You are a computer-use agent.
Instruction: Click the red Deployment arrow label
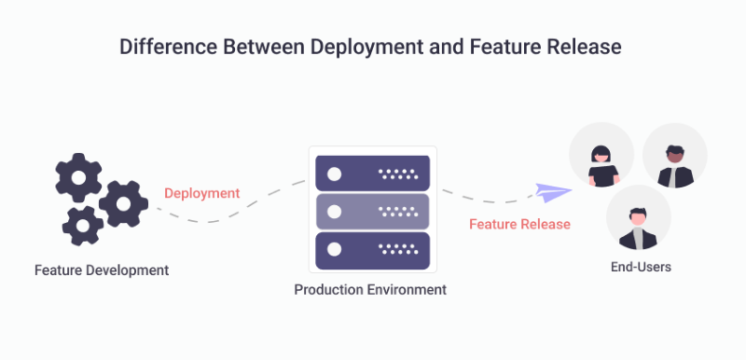point(202,194)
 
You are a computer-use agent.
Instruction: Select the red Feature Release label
point(519,225)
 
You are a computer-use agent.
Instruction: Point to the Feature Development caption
point(102,270)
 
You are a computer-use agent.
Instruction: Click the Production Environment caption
point(370,290)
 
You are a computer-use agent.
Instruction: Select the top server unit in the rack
point(373,173)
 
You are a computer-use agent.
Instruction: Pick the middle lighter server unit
point(373,212)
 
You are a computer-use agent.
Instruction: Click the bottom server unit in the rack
point(373,250)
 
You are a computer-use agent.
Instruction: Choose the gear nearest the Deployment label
point(123,204)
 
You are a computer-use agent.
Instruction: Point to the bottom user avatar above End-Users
point(638,217)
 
